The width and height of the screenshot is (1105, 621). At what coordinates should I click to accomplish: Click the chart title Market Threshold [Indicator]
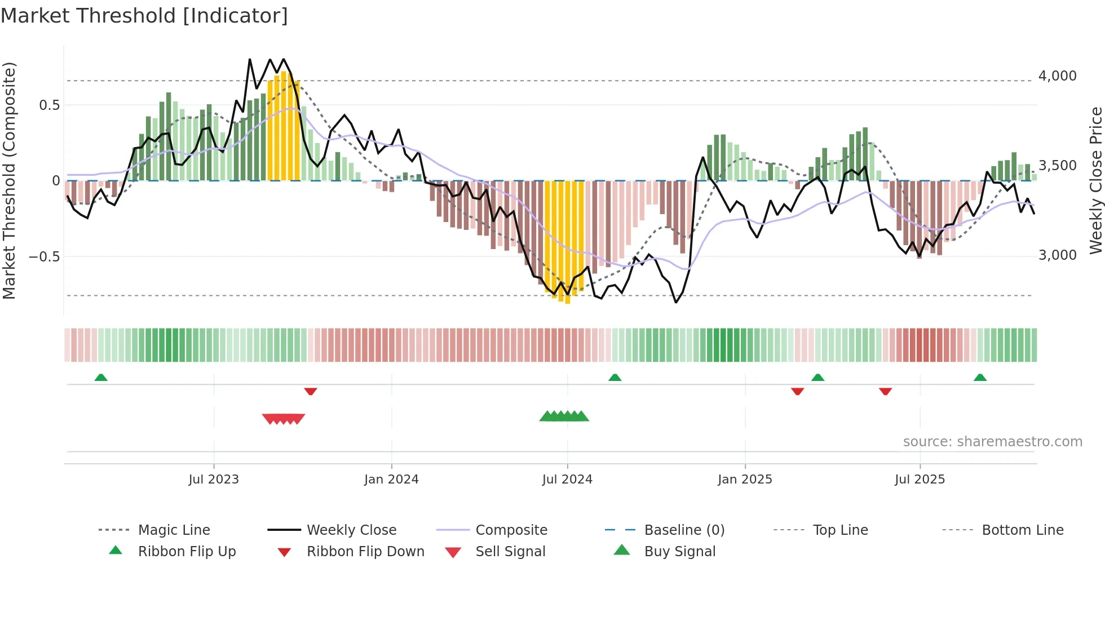144,16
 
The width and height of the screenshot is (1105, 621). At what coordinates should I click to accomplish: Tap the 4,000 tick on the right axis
1057,76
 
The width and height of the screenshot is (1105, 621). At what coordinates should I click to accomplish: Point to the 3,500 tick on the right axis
1057,166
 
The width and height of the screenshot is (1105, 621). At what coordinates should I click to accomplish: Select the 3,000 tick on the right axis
1057,255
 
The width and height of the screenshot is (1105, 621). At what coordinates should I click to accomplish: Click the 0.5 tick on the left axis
49,105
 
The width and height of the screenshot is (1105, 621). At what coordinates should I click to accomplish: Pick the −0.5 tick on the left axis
44,257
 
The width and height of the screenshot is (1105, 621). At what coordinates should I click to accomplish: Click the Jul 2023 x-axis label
214,480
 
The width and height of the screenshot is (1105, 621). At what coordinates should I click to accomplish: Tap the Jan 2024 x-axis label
391,480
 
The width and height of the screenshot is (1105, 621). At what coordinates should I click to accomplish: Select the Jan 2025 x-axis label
745,480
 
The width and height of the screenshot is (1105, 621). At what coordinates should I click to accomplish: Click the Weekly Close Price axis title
1095,180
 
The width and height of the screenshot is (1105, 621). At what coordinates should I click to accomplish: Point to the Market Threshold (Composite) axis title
9,180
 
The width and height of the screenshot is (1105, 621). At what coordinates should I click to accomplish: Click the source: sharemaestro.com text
992,442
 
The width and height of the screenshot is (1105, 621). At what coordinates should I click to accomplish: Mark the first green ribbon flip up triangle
101,378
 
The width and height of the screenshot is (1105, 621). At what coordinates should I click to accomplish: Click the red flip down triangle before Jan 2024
311,391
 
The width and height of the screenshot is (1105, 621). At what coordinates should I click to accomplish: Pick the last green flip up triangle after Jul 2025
980,378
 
